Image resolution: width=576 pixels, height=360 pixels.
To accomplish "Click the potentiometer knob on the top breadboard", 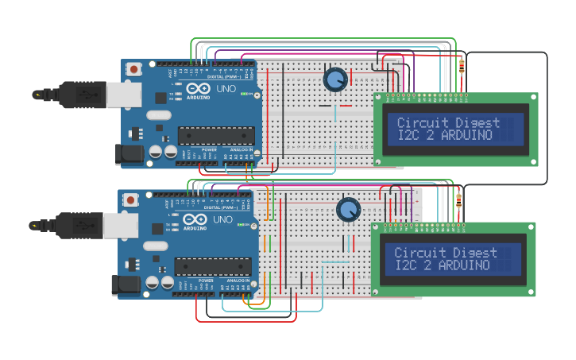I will pos(335,79).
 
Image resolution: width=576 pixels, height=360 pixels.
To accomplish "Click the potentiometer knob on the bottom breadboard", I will pos(348,210).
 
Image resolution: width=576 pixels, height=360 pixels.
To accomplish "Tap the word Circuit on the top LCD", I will pos(422,123).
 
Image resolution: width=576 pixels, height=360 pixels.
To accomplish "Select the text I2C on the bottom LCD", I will pos(405,265).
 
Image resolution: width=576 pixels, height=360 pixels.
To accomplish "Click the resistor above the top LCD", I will pos(462,66).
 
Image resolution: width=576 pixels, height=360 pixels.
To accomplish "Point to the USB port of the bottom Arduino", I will pos(119,226).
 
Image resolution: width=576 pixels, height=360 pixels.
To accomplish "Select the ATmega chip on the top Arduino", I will pos(215,136).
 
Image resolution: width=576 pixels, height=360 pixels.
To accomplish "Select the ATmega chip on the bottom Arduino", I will pos(213,267).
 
